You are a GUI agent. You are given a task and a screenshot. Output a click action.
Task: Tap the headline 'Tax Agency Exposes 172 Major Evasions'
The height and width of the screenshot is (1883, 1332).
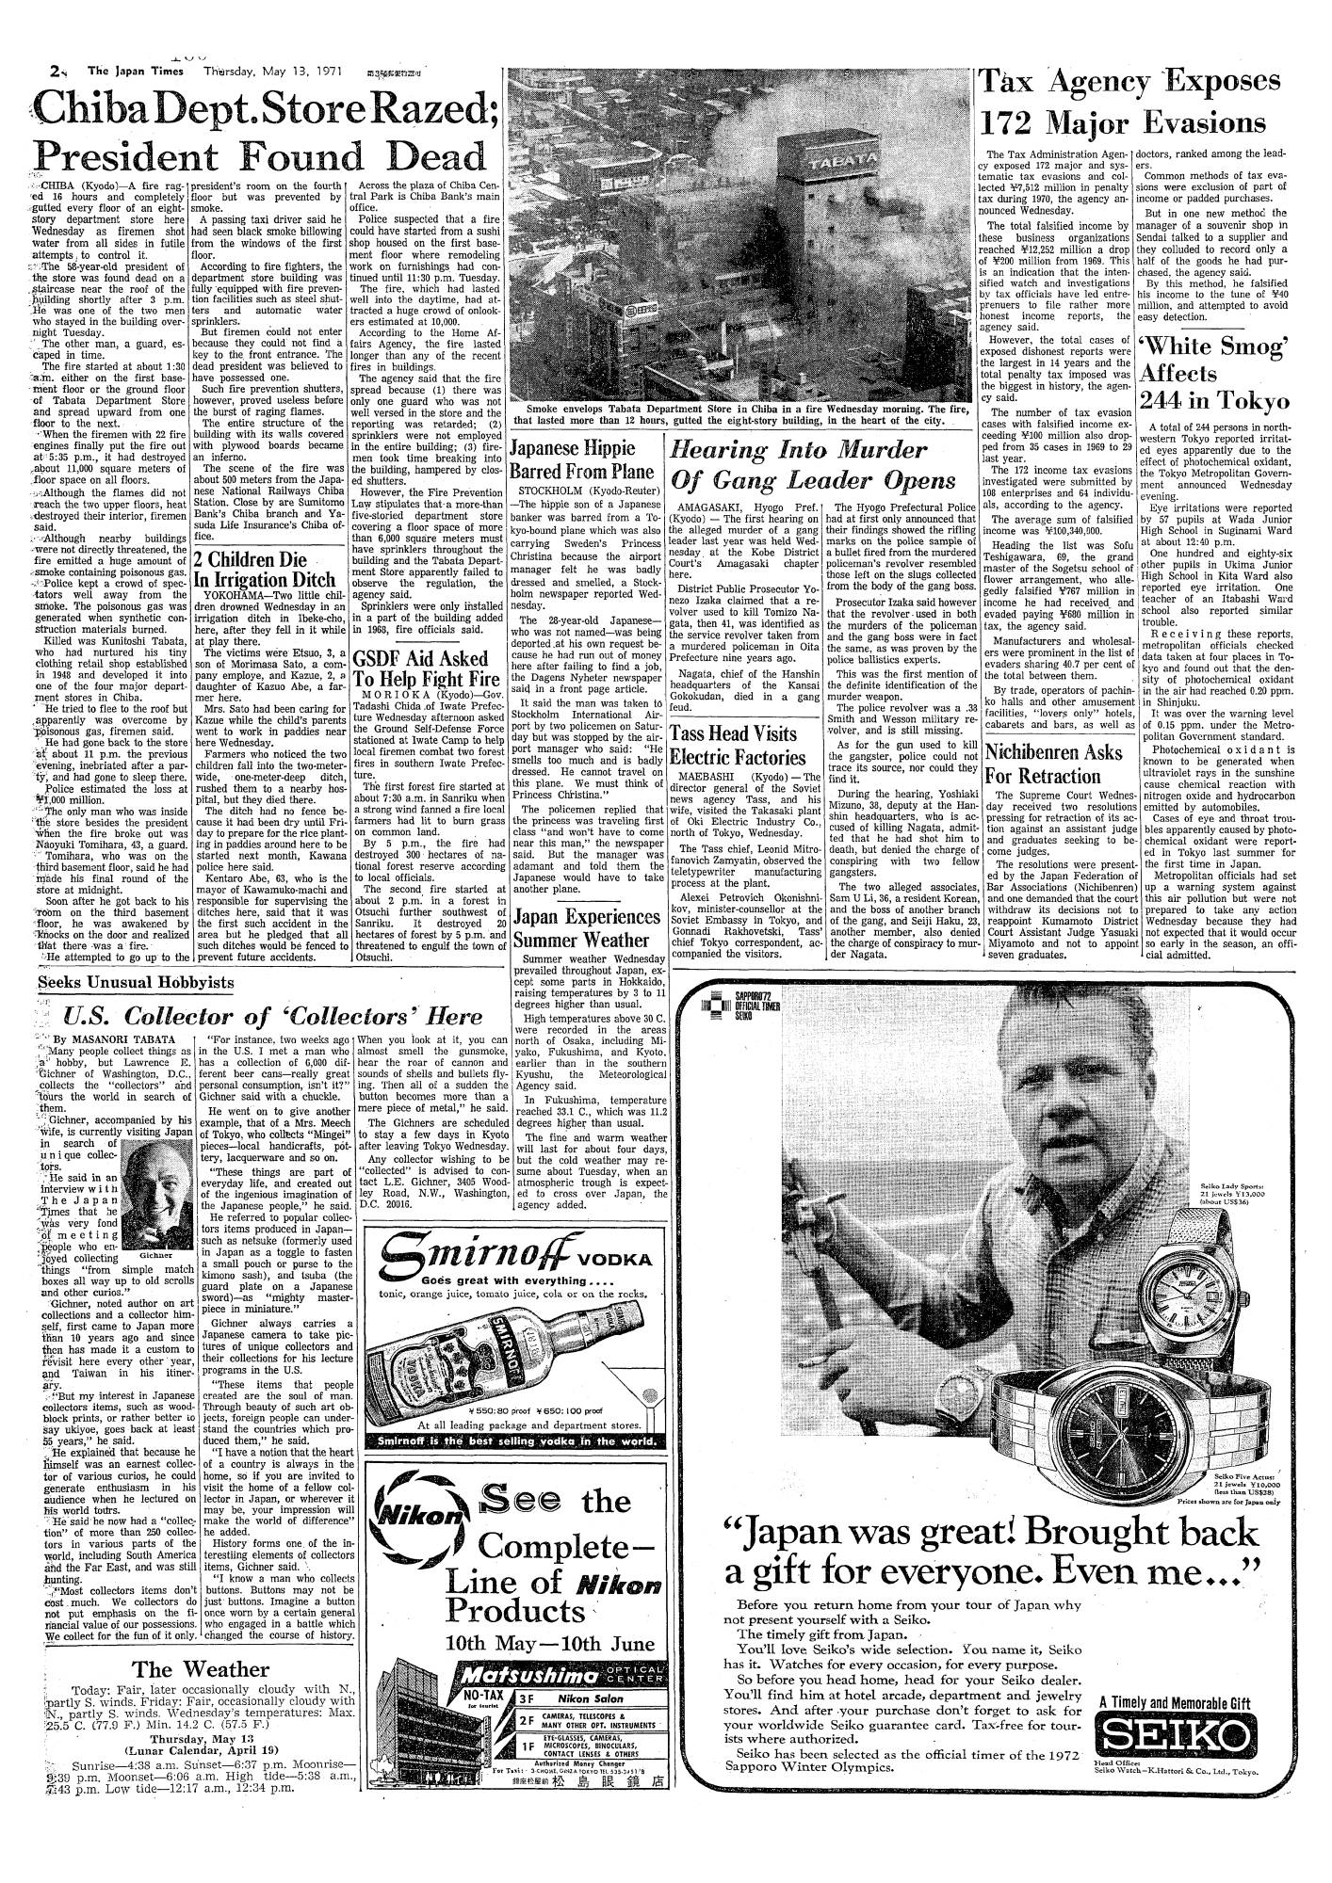pos(1134,104)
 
